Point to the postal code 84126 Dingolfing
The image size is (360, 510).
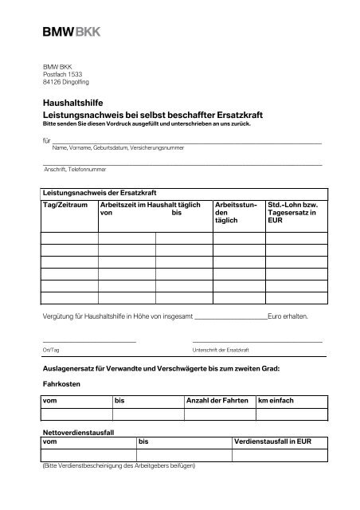point(66,81)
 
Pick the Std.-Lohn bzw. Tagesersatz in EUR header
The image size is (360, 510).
point(292,214)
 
